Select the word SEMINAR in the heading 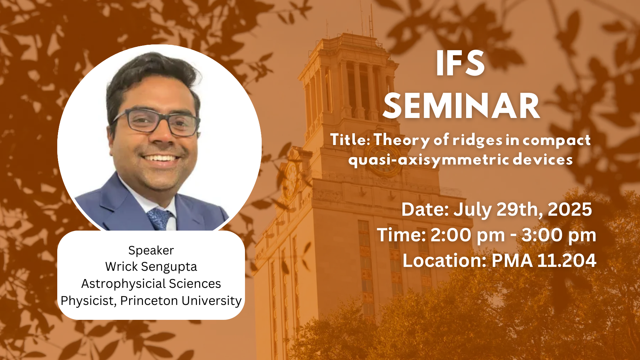pyautogui.click(x=462, y=106)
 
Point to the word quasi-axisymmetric pyautogui.click(x=429, y=160)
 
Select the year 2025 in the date pyautogui.click(x=570, y=209)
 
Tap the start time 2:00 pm pyautogui.click(x=468, y=235)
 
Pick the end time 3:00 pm pyautogui.click(x=559, y=235)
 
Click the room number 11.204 pyautogui.click(x=567, y=260)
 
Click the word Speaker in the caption pyautogui.click(x=151, y=251)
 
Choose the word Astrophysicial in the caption pyautogui.click(x=123, y=284)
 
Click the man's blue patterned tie pyautogui.click(x=160, y=219)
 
